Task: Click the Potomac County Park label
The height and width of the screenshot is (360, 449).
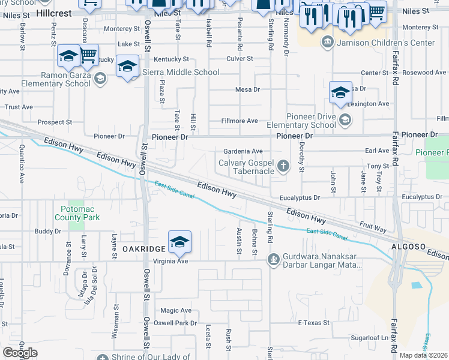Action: (x=80, y=213)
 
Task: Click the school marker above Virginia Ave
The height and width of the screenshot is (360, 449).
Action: (x=179, y=242)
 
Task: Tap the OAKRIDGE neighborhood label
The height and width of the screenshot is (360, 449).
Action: (x=144, y=248)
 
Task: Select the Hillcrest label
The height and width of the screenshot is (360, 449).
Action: (x=62, y=12)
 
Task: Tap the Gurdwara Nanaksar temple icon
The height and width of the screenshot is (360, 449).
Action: (x=273, y=260)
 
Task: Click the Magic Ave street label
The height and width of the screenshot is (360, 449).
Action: (x=175, y=310)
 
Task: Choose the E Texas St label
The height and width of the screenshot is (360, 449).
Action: (x=314, y=323)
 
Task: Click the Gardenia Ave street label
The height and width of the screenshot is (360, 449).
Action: (x=243, y=151)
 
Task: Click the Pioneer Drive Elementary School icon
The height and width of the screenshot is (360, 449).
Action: (x=345, y=120)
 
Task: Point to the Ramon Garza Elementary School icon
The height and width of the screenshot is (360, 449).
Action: (x=100, y=78)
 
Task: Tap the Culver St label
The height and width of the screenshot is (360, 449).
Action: (x=240, y=59)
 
